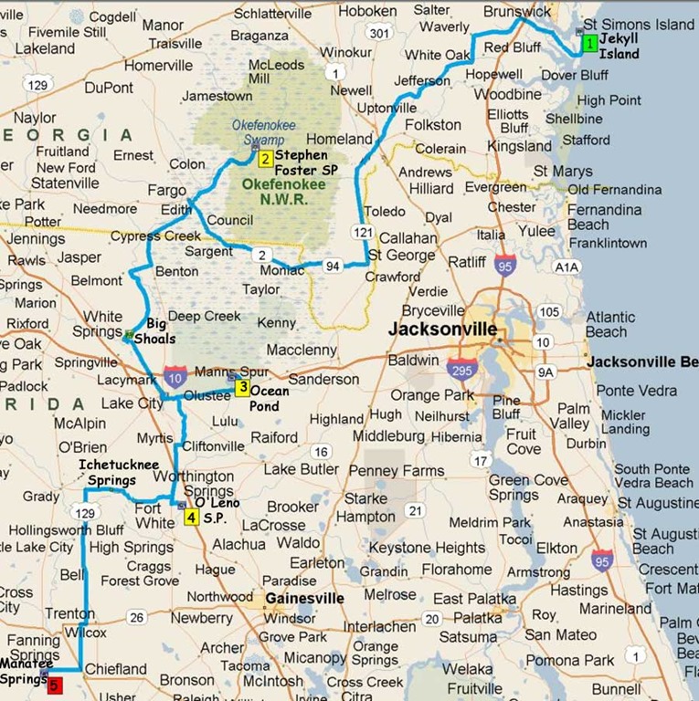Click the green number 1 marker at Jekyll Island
pos(590,43)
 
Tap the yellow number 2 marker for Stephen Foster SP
pos(265,160)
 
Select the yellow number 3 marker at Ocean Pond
pos(241,387)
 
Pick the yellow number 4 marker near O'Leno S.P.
pos(191,518)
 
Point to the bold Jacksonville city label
pos(443,330)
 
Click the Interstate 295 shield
pos(461,370)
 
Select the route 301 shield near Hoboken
pos(376,33)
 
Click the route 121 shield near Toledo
pos(362,234)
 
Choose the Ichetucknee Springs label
pos(108,472)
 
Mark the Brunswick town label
pos(518,12)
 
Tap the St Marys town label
pos(562,171)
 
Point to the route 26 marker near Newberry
pos(137,618)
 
